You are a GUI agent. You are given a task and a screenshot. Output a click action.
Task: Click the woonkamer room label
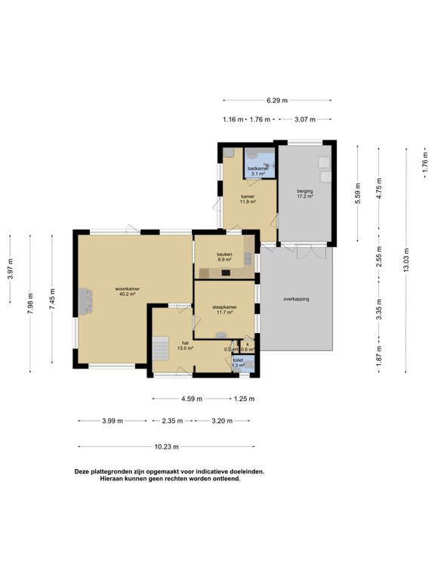[x=127, y=292]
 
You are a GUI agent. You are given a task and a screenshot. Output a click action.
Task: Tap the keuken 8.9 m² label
[x=224, y=257]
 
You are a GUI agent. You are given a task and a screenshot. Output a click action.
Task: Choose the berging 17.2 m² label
[x=305, y=194]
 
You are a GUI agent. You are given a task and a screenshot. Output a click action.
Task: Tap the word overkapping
[x=296, y=299]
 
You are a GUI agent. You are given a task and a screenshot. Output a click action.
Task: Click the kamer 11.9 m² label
[x=248, y=199]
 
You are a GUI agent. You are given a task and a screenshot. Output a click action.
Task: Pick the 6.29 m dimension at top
[x=277, y=100]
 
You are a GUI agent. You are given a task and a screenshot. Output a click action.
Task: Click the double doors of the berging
[x=304, y=251]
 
